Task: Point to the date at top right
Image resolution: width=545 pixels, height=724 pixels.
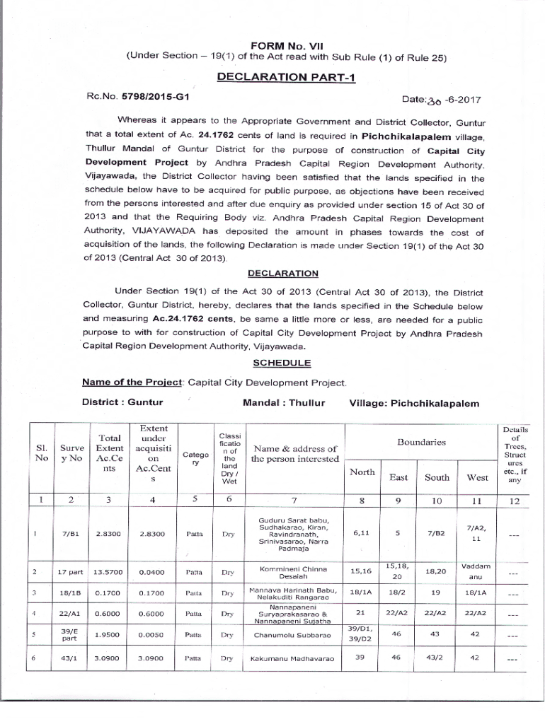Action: pos(451,100)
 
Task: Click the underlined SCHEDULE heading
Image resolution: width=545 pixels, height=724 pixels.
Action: pos(282,363)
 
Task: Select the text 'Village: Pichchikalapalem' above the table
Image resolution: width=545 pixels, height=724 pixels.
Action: pos(413,403)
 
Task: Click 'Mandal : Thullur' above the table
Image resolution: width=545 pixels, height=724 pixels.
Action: pos(284,403)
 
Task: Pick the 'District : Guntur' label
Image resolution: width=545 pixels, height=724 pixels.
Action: pos(122,403)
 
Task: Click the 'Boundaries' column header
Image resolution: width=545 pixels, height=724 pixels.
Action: pos(420,442)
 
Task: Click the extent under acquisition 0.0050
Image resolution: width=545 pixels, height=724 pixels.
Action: pos(154,635)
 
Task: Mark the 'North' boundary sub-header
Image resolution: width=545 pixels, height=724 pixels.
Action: pos(362,473)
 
